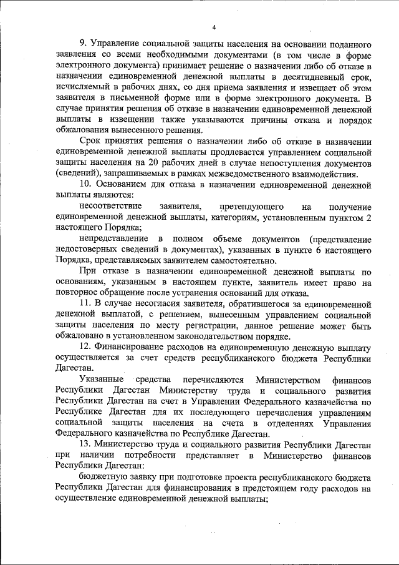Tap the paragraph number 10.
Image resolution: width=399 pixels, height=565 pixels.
[x=86, y=185]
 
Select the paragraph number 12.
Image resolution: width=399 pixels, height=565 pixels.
[x=86, y=348]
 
